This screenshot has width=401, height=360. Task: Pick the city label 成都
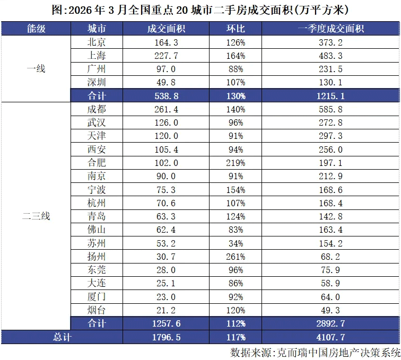coord(97,109)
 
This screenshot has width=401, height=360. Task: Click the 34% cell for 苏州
coord(234,243)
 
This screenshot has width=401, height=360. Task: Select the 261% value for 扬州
coord(234,257)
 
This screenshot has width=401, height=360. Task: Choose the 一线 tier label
coord(36,69)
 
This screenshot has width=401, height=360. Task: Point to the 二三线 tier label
coord(36,216)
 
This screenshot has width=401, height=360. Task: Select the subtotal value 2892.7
coord(331,323)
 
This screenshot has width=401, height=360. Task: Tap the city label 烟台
coord(97,310)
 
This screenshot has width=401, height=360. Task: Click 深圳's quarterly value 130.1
coord(331,82)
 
